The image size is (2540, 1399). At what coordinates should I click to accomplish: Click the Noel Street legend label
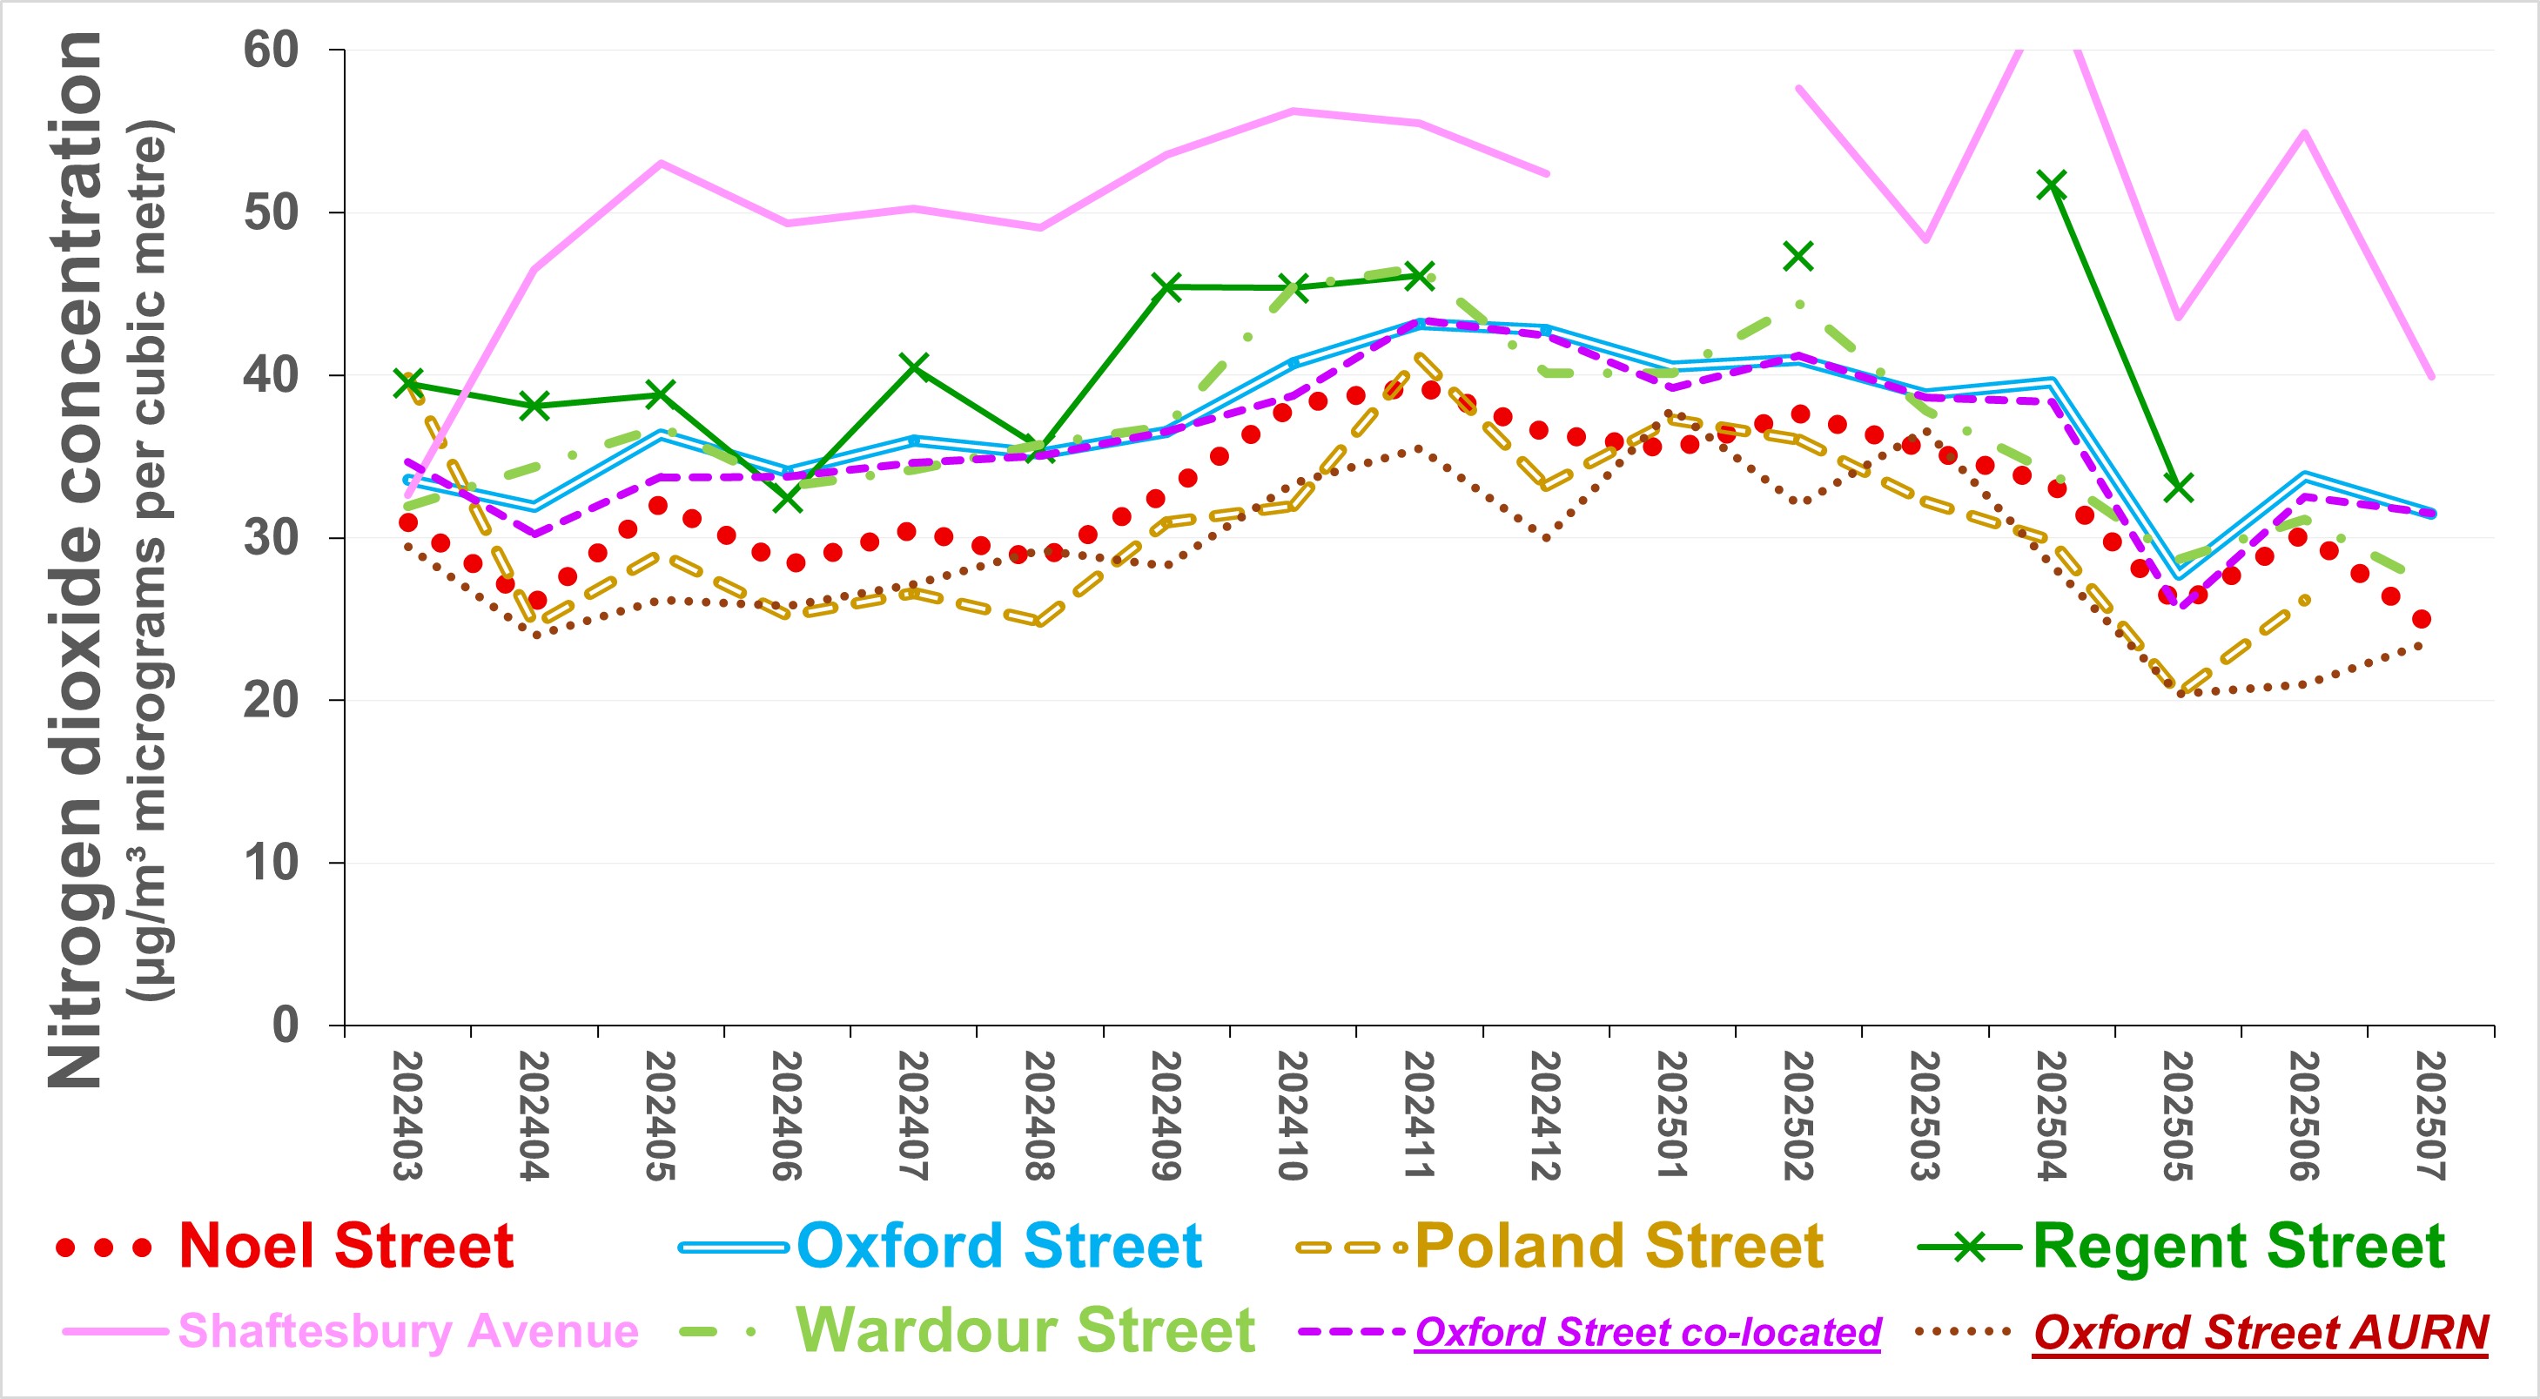point(345,1246)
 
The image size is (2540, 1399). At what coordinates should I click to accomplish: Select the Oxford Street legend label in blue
point(998,1246)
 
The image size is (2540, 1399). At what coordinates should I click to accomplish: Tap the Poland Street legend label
point(1619,1246)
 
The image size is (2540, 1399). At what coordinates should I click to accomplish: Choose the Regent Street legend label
point(2238,1246)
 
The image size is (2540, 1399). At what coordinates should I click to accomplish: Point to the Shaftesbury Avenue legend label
point(408,1331)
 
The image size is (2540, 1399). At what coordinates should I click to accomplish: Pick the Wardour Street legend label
point(1025,1331)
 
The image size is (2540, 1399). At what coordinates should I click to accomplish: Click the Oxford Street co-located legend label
point(1648,1332)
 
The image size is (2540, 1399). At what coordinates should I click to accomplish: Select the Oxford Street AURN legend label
point(2260,1332)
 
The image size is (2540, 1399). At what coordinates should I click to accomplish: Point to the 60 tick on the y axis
point(272,50)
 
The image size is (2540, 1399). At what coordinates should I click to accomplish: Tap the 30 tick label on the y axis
point(272,537)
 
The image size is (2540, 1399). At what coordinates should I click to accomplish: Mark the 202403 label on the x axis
point(407,1115)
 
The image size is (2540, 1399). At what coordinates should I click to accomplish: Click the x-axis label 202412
point(1545,1115)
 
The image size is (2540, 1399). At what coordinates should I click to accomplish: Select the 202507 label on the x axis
point(2430,1115)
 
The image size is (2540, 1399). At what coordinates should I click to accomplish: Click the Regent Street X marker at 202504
point(2052,185)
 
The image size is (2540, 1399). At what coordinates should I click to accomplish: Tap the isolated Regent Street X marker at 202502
point(1798,256)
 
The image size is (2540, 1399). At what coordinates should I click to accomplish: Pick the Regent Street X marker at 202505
point(2178,487)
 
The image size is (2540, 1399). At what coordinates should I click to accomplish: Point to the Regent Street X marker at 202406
point(787,499)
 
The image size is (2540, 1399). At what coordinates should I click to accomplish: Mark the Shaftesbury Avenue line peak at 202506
point(2304,132)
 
